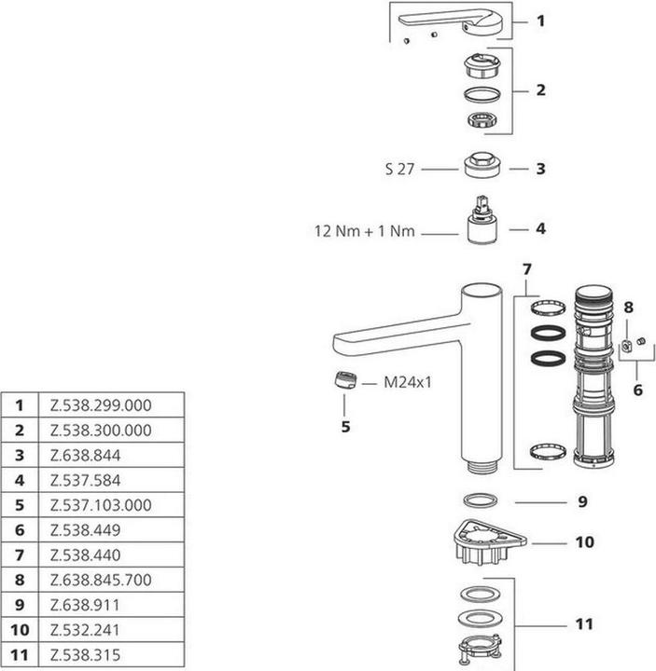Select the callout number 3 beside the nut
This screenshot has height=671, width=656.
pos(540,169)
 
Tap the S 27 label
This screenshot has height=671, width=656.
pos(399,170)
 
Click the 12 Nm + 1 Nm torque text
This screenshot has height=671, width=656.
pos(364,231)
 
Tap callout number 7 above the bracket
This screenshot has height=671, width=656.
pos(526,269)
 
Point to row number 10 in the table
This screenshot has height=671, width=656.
pos(20,630)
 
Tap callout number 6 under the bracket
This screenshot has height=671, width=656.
pos(637,390)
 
